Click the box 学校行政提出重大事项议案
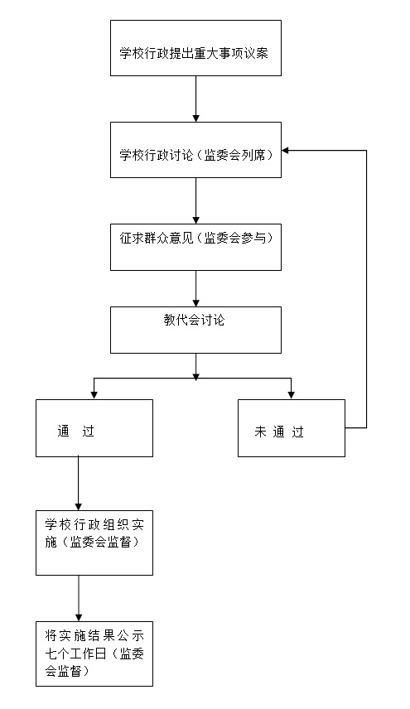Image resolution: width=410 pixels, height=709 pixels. point(195,48)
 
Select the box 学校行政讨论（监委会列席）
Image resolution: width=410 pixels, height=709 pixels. point(195,150)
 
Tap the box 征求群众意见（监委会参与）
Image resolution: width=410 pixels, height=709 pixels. point(195,247)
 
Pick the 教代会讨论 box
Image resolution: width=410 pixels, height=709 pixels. point(195,330)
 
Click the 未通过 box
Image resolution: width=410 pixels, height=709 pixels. point(292,427)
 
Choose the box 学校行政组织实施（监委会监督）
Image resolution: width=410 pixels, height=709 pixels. point(94,543)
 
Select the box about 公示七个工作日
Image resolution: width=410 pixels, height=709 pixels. point(94,654)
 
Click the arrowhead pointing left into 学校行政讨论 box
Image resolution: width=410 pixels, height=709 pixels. point(285,150)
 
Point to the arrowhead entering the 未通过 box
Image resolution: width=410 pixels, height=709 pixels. point(291,395)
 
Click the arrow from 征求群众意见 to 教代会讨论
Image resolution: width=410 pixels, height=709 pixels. point(195,288)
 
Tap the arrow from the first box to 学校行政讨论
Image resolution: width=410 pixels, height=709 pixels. point(195,99)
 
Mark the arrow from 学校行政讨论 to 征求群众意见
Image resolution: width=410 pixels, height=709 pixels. point(195,200)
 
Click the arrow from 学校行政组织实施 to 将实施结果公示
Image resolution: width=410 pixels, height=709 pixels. point(79,598)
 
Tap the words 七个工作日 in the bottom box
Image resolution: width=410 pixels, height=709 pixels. point(75,654)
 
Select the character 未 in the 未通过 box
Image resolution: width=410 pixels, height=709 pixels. point(260,432)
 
